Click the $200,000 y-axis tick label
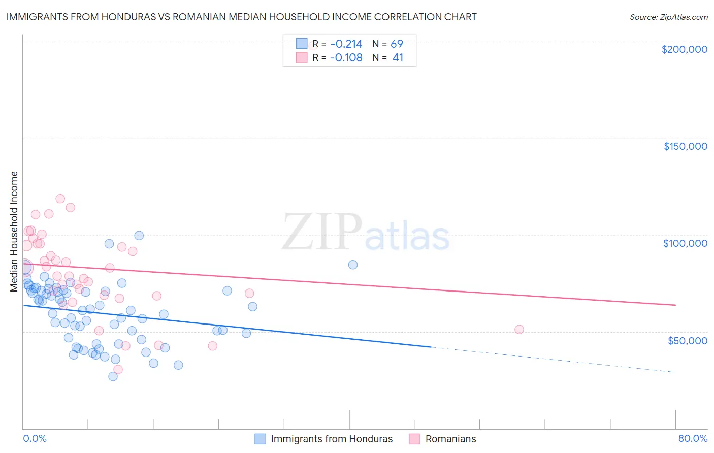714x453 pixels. point(684,49)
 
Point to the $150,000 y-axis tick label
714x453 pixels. point(685,146)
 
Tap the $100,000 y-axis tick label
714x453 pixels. point(685,243)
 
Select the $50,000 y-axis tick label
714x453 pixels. point(687,340)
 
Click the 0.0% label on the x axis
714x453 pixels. point(35,438)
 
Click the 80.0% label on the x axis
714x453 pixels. point(693,438)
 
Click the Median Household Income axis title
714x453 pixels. point(14,232)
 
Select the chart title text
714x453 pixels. point(241,17)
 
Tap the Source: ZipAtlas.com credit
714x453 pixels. point(668,17)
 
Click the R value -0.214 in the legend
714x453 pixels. point(346,44)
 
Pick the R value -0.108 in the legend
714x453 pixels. point(346,58)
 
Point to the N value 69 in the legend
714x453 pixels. point(397,44)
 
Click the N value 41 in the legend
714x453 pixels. point(398,58)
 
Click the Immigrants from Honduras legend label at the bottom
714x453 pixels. point(332,439)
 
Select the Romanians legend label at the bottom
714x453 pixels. point(450,439)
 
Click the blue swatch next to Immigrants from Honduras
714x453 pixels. point(261,439)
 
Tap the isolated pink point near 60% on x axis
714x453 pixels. point(519,330)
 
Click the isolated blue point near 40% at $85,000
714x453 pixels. point(353,265)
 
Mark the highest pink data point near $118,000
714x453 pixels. point(60,199)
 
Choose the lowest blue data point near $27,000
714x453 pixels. point(113,376)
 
